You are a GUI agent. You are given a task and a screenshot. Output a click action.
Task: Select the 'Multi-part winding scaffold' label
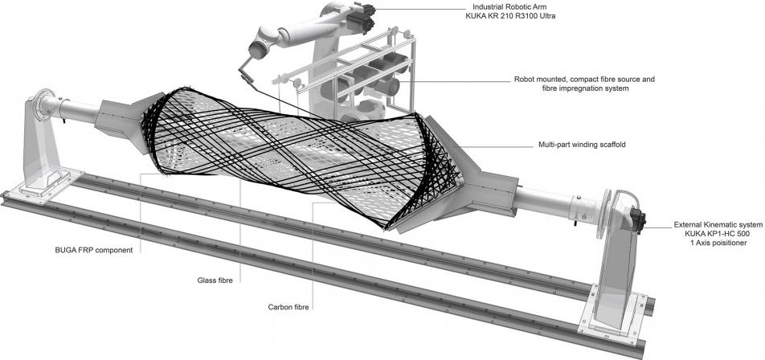click(583, 145)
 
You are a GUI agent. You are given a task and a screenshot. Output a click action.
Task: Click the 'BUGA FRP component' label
click(94, 250)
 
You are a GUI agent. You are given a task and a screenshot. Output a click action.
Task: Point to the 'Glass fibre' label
click(215, 280)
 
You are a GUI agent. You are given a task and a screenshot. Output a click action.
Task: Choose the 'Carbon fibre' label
click(288, 307)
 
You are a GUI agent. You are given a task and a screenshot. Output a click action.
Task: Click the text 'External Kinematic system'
click(718, 225)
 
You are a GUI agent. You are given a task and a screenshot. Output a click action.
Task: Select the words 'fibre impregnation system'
click(584, 88)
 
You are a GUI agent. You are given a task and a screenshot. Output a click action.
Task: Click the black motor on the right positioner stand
click(637, 219)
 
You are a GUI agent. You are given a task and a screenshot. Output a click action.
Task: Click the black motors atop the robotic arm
click(361, 17)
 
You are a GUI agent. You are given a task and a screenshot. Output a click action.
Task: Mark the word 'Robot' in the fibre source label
click(524, 79)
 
